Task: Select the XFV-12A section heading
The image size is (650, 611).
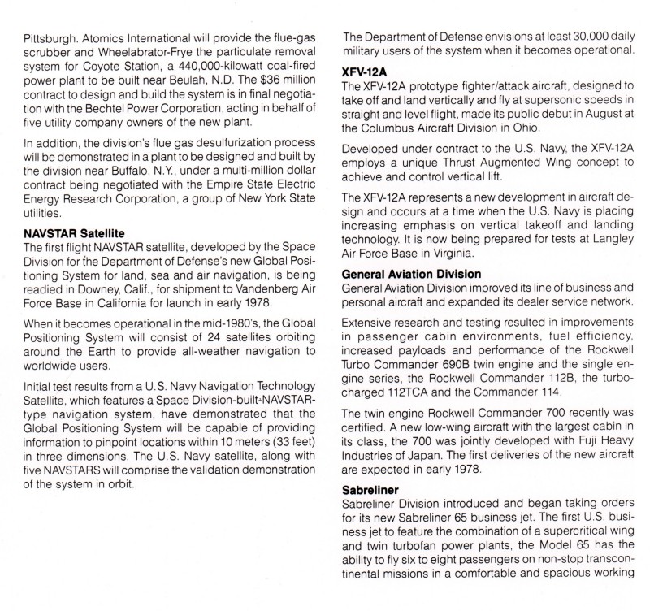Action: tap(366, 71)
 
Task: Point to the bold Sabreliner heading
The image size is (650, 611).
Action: tap(374, 492)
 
